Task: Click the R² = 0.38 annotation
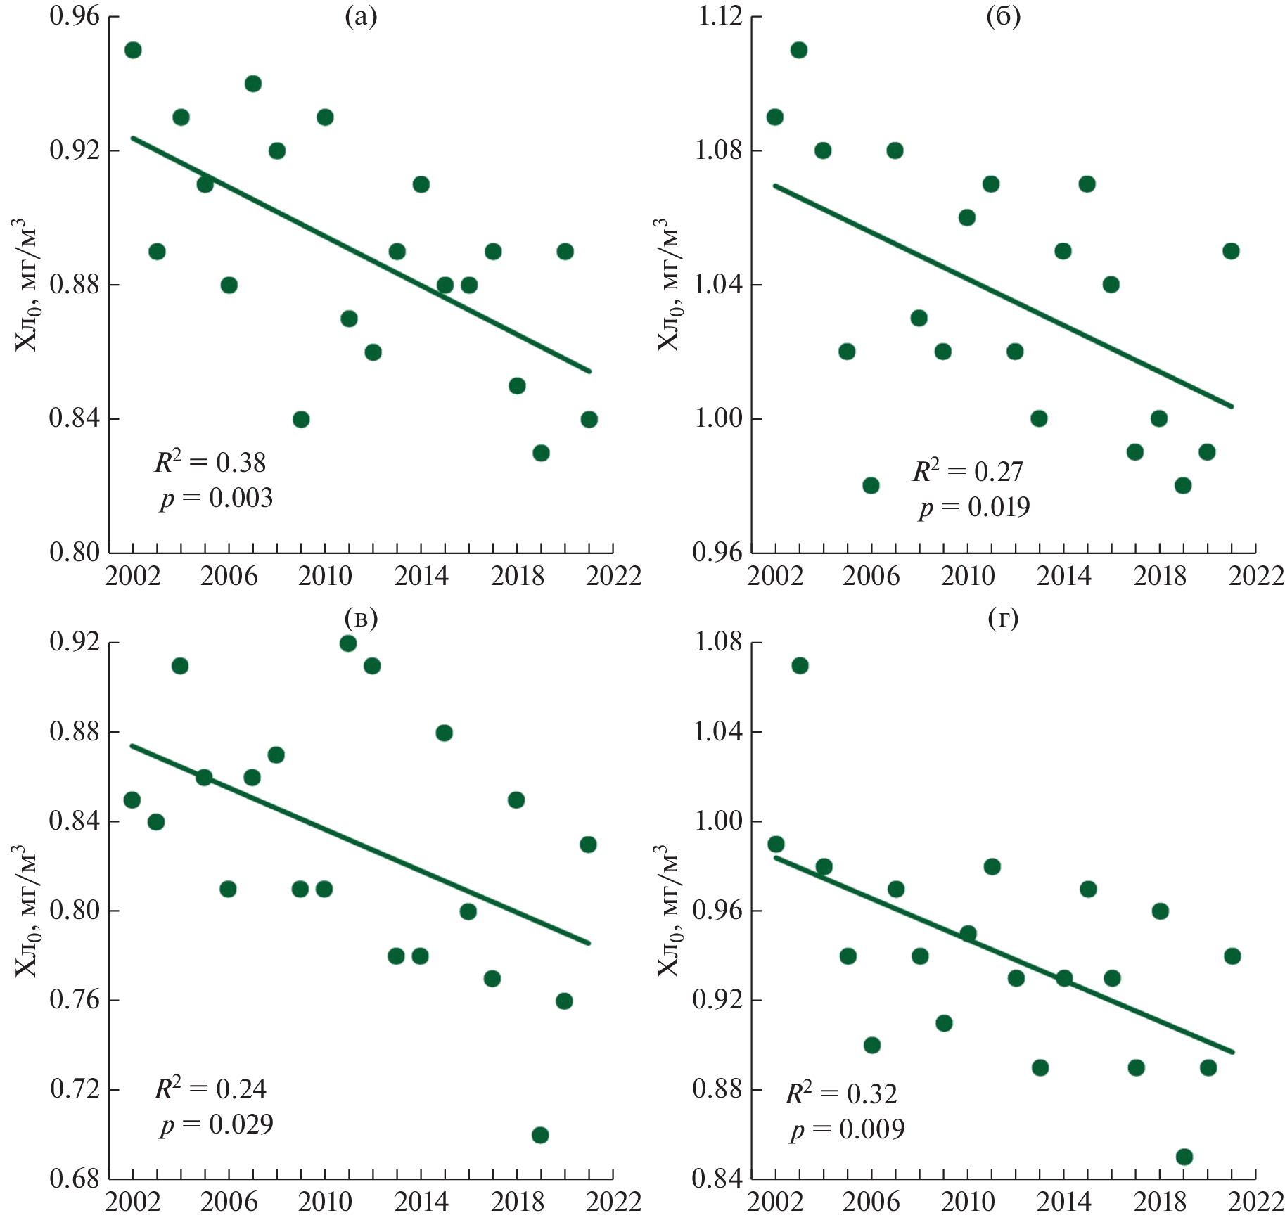pos(210,462)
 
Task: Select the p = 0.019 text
pos(974,506)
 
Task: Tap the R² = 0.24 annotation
pos(210,1089)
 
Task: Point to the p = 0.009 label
pos(847,1129)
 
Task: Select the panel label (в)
pos(362,618)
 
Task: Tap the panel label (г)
pos(1003,618)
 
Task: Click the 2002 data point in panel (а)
pos(133,50)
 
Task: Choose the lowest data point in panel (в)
pos(540,1135)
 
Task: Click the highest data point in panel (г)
pos(800,665)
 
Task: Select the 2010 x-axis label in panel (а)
pos(325,576)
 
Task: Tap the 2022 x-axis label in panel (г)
pos(1256,1202)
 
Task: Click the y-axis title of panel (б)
pos(667,285)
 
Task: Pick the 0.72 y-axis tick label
pos(75,1089)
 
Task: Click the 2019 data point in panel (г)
pos(1184,1157)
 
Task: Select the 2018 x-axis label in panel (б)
pos(1160,576)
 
